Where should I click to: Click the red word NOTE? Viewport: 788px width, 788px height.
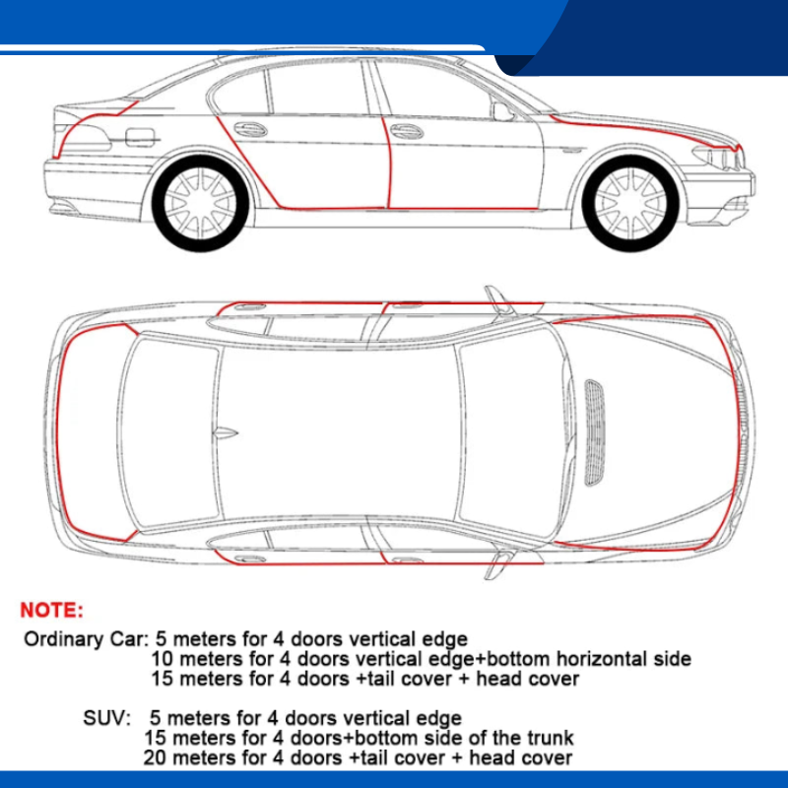(52, 611)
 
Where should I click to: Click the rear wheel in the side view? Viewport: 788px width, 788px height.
(200, 203)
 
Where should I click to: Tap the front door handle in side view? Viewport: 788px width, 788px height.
(405, 130)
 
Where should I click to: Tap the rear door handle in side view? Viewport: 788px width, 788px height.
(250, 129)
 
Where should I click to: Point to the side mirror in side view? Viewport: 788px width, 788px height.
(503, 111)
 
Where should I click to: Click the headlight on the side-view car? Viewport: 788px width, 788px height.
(716, 157)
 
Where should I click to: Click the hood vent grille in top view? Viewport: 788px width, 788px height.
(596, 431)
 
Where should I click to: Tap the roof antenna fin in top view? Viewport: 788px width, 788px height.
(227, 431)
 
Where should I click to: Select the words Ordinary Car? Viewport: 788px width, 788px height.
(86, 638)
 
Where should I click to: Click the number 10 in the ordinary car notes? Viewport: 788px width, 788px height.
(164, 659)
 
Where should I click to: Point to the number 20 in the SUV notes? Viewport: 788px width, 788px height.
(156, 757)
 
